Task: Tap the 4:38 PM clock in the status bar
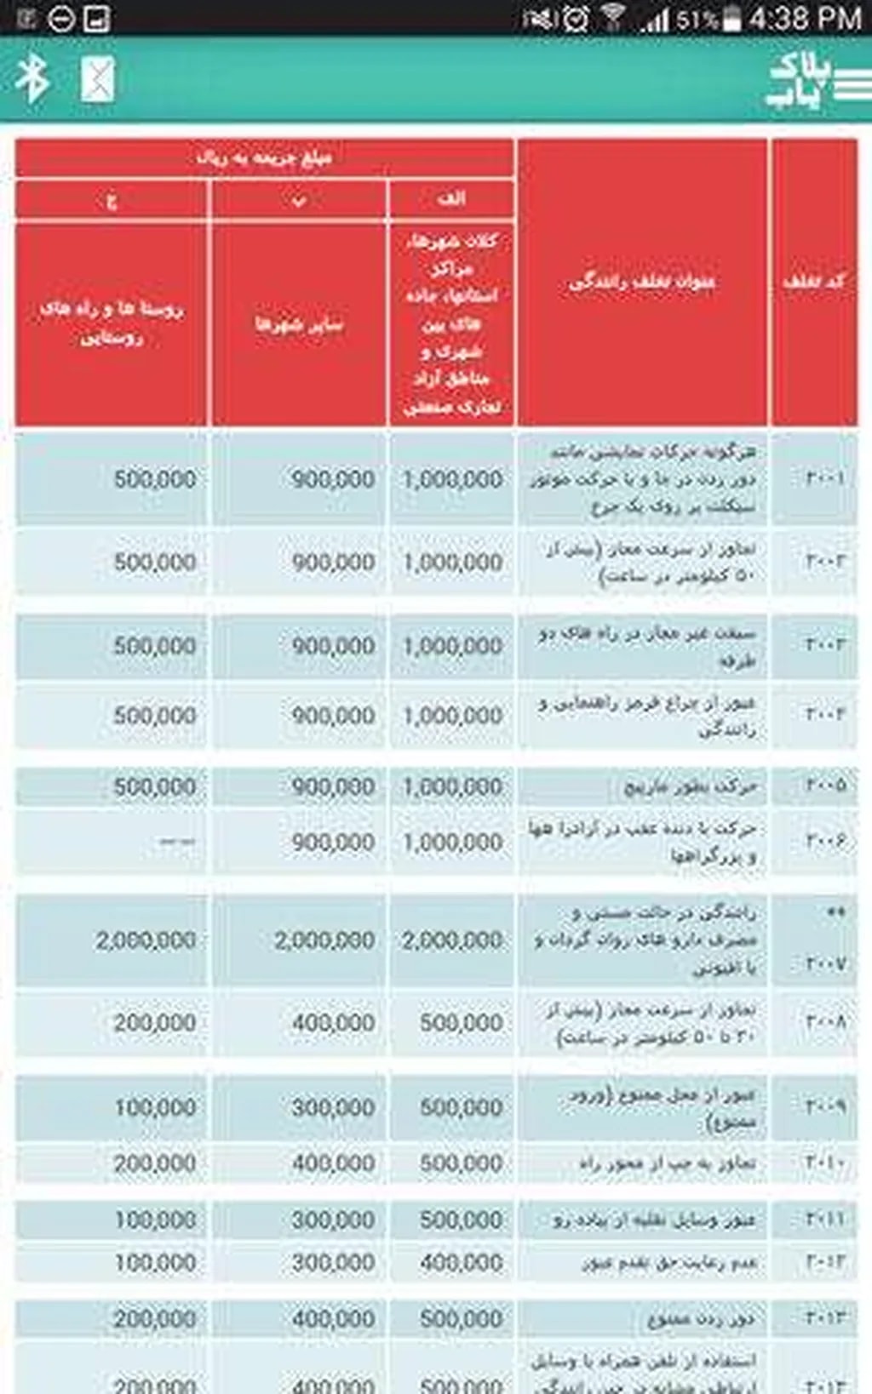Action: tap(805, 18)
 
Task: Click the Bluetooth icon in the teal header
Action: tap(33, 79)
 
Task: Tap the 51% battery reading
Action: tap(697, 19)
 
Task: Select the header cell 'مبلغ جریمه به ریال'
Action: tap(264, 157)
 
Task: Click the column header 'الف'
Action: tap(450, 199)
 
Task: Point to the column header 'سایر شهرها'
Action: tap(299, 323)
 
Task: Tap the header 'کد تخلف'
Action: tap(814, 281)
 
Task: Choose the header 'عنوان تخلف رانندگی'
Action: tap(642, 281)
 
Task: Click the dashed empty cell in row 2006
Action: tap(176, 842)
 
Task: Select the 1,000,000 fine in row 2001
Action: tap(452, 479)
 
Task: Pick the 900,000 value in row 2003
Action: tap(333, 646)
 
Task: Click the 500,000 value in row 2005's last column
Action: tap(155, 786)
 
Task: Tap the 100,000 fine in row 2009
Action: tap(155, 1107)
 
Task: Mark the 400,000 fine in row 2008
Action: tap(333, 1022)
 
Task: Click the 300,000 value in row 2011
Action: tap(333, 1220)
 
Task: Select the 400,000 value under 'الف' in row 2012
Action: tap(461, 1262)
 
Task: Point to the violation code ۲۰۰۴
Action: tap(824, 715)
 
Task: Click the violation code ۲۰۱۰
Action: tap(824, 1163)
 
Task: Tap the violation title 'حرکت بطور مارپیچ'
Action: tap(690, 786)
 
